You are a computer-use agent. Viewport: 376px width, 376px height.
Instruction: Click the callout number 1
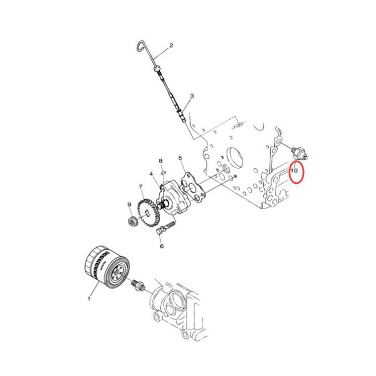[x=88, y=298]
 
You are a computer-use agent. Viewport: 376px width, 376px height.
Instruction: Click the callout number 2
[x=171, y=46]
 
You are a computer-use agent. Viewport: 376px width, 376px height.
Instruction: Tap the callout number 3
[x=192, y=96]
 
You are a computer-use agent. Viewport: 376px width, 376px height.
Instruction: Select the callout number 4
[x=151, y=174]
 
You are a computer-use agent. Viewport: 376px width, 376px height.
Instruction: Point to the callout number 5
[x=180, y=158]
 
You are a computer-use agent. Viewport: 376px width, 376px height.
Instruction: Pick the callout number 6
[x=161, y=246]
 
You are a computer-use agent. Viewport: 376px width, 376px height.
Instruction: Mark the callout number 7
[x=141, y=187]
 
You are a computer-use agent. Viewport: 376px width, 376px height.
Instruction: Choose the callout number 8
[x=160, y=161]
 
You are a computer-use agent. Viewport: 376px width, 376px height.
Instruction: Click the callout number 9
[x=129, y=204]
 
